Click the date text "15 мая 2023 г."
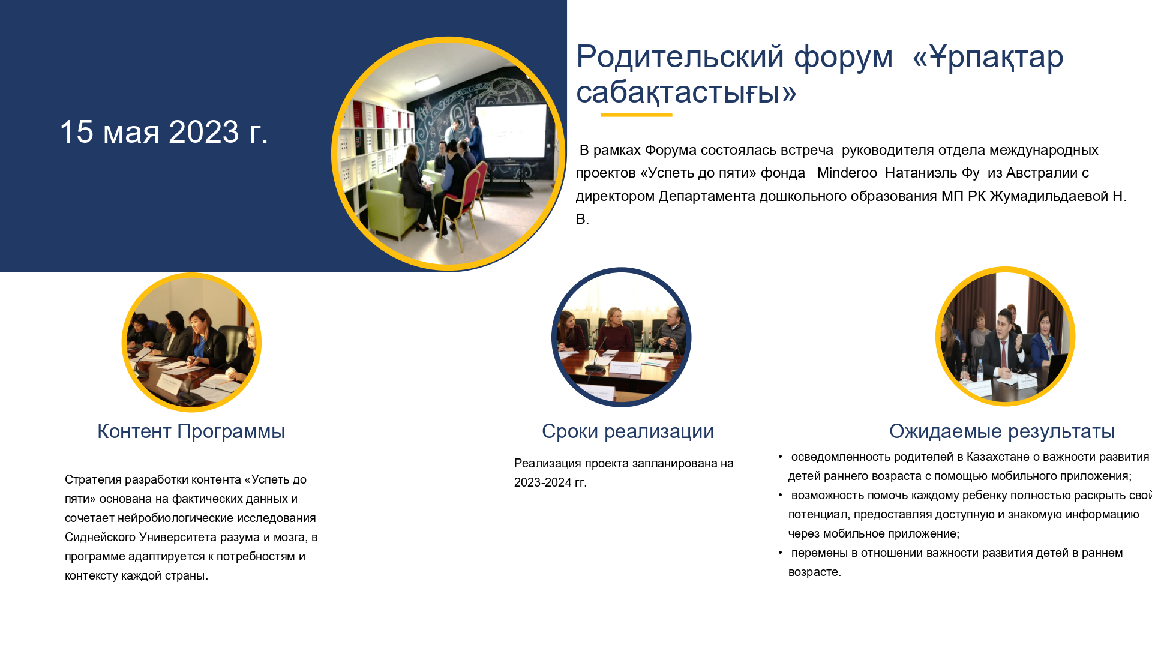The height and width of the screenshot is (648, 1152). click(164, 131)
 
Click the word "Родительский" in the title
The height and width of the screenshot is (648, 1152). click(680, 57)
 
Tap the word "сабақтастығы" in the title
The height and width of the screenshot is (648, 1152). click(686, 93)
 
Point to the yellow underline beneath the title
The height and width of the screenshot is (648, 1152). click(636, 115)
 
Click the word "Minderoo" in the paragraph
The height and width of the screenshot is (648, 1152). click(847, 173)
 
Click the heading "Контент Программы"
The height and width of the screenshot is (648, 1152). click(191, 431)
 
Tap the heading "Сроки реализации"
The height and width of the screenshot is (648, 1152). click(628, 431)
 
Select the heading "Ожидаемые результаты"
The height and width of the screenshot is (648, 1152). click(1002, 431)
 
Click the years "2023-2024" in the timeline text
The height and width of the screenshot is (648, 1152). click(542, 483)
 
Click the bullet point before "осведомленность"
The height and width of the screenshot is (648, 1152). click(781, 457)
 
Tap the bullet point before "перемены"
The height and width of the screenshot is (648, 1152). click(781, 553)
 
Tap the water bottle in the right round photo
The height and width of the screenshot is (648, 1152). click(980, 370)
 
